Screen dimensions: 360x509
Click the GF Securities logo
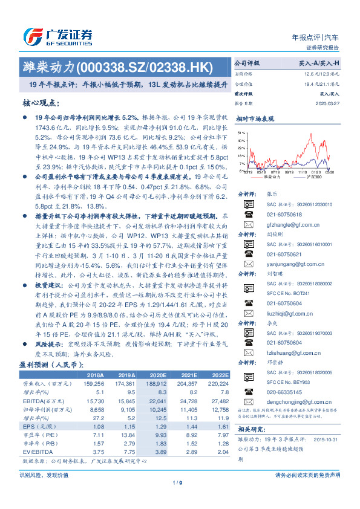[x=57, y=35]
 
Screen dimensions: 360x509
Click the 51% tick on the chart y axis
[x=241, y=132]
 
